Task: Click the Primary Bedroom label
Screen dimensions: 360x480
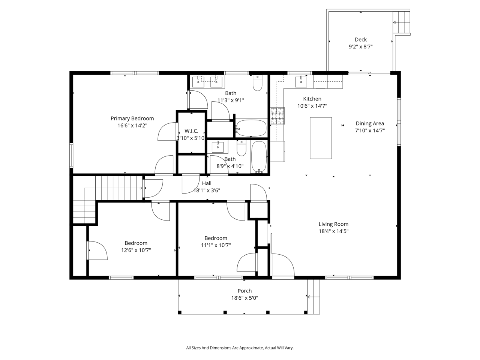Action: (x=132, y=118)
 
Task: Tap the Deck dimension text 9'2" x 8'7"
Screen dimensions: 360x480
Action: (x=360, y=47)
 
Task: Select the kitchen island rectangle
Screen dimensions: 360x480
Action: (x=321, y=138)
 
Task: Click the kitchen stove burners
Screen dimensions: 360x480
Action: (x=277, y=116)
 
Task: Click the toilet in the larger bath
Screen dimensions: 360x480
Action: (x=257, y=83)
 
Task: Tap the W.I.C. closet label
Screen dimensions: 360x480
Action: (x=191, y=131)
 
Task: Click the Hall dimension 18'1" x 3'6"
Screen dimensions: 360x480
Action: (x=207, y=190)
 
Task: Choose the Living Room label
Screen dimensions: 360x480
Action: (x=333, y=224)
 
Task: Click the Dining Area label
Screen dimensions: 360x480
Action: (x=370, y=123)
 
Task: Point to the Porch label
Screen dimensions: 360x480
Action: (x=244, y=291)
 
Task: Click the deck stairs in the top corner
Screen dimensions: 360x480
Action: (x=401, y=22)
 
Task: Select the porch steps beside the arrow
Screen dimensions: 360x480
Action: (x=313, y=297)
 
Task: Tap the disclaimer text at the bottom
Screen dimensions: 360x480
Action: (x=240, y=348)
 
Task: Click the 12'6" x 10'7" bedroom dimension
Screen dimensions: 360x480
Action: (x=136, y=250)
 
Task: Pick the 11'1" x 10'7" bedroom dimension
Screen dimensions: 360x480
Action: (x=216, y=245)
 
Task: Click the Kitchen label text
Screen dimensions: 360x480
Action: (x=312, y=99)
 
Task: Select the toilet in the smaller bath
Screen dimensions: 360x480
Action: (x=241, y=148)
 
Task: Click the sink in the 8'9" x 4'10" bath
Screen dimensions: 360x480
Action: (x=218, y=147)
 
